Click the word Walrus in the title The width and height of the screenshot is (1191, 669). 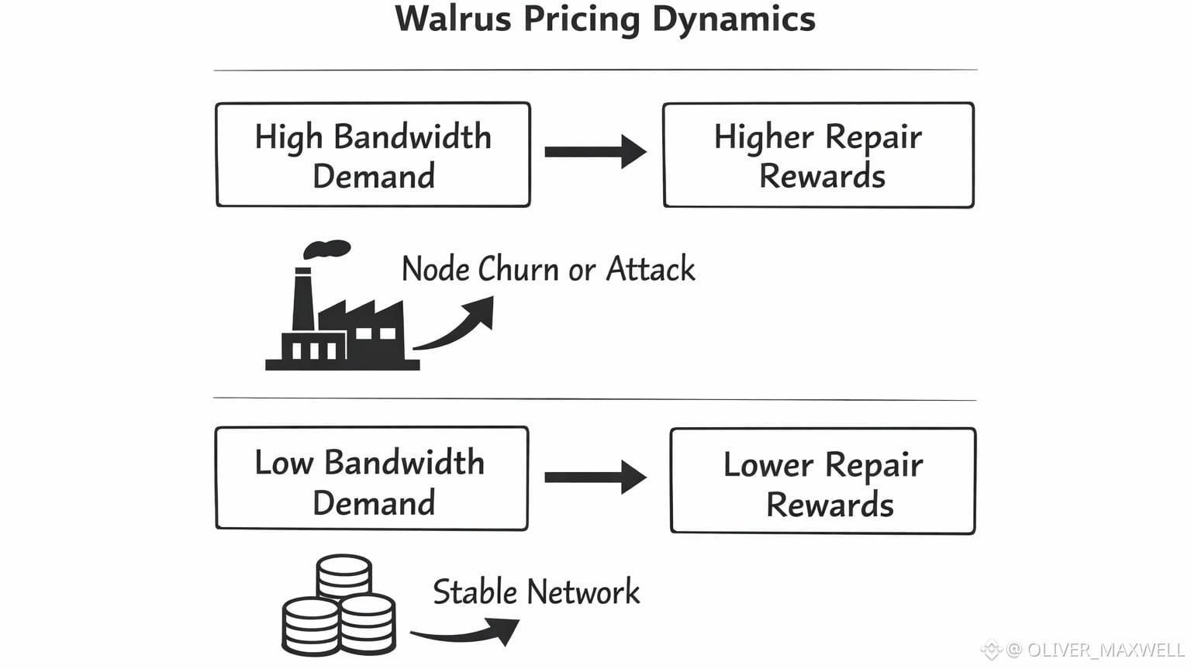coord(453,19)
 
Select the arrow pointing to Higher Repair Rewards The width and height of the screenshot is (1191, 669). coord(595,152)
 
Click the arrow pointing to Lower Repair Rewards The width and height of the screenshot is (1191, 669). coord(595,478)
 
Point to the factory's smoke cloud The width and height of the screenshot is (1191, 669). coord(326,249)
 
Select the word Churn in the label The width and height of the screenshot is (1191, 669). coord(519,269)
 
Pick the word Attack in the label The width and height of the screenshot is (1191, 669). coord(651,269)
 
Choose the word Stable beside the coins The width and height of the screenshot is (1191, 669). coord(475,591)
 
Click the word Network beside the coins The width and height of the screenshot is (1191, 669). coord(584,591)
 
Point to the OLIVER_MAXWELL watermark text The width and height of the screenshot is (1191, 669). coord(1106,650)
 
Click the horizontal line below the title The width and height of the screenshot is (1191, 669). coord(595,70)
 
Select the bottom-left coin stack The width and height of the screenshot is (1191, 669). coord(311,626)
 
